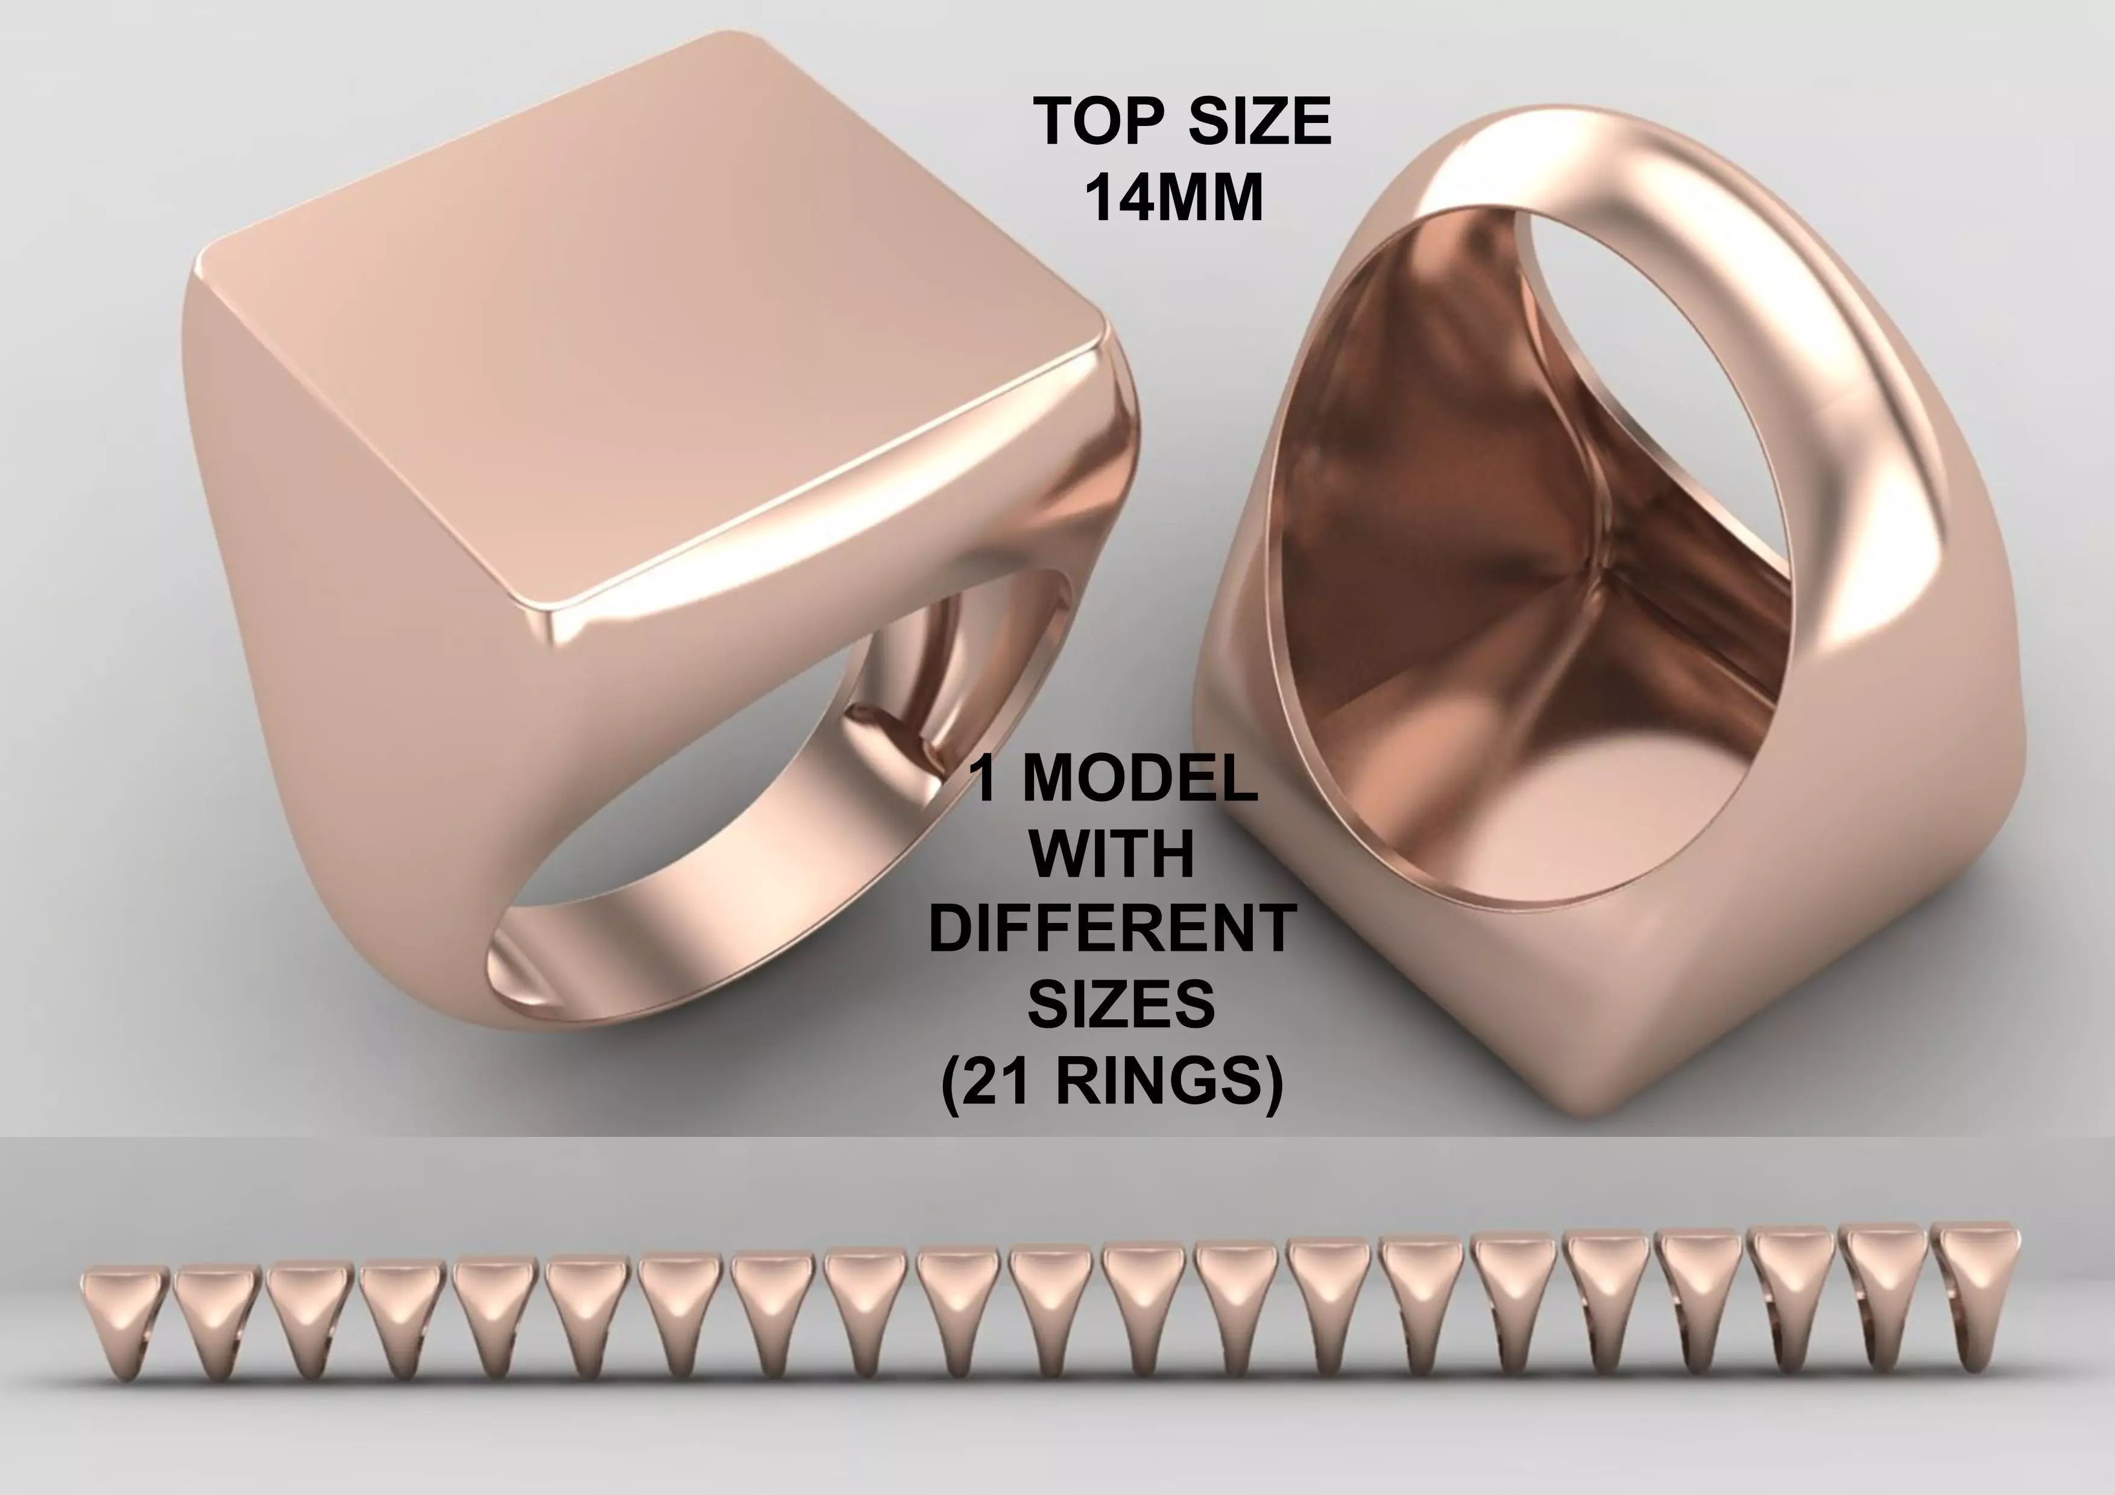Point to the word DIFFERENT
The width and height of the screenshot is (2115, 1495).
tap(1112, 928)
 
